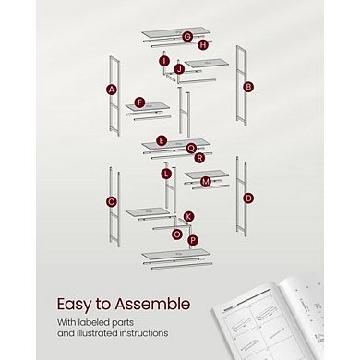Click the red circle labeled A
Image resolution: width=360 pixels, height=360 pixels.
click(x=112, y=90)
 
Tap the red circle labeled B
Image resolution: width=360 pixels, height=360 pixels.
click(x=248, y=87)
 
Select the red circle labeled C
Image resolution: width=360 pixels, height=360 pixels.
click(x=112, y=201)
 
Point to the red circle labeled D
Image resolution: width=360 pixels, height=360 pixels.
click(x=248, y=198)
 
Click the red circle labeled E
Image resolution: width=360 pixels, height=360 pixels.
click(x=162, y=141)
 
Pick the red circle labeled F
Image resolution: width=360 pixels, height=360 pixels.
click(x=140, y=102)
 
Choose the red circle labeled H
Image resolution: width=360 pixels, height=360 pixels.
click(x=202, y=43)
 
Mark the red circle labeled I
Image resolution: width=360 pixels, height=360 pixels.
click(x=164, y=61)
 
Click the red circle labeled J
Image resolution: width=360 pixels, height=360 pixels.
click(x=180, y=69)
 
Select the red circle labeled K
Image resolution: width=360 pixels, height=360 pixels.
click(x=189, y=216)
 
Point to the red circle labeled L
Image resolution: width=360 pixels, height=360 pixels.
click(x=166, y=174)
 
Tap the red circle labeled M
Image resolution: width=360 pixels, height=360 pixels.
click(x=206, y=182)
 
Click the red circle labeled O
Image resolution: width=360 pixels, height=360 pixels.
click(x=177, y=234)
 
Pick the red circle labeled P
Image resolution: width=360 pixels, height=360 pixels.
click(x=192, y=240)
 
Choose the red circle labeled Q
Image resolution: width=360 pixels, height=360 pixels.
click(x=191, y=148)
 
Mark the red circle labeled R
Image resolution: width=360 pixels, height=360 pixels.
click(x=199, y=157)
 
